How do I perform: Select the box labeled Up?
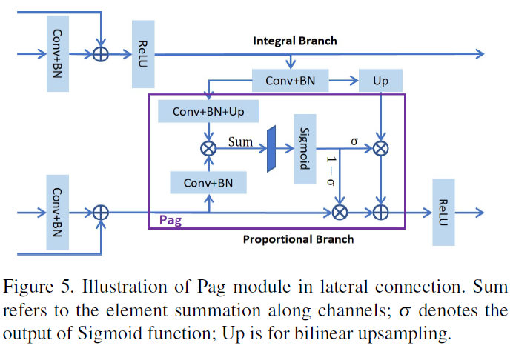[x=380, y=81]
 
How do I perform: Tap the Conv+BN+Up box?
[x=208, y=112]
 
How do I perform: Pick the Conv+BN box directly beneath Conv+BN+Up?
[x=208, y=182]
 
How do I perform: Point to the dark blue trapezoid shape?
[x=271, y=148]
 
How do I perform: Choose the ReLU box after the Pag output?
[x=443, y=212]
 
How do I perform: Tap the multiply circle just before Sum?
[x=208, y=148]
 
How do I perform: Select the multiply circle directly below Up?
[x=380, y=148]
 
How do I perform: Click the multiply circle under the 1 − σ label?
[x=340, y=212]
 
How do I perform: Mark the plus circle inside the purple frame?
[x=380, y=212]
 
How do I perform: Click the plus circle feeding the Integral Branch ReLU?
[x=100, y=54]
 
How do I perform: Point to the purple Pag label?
[x=171, y=220]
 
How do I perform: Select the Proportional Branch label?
[x=299, y=239]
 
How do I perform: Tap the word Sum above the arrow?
[x=241, y=141]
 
